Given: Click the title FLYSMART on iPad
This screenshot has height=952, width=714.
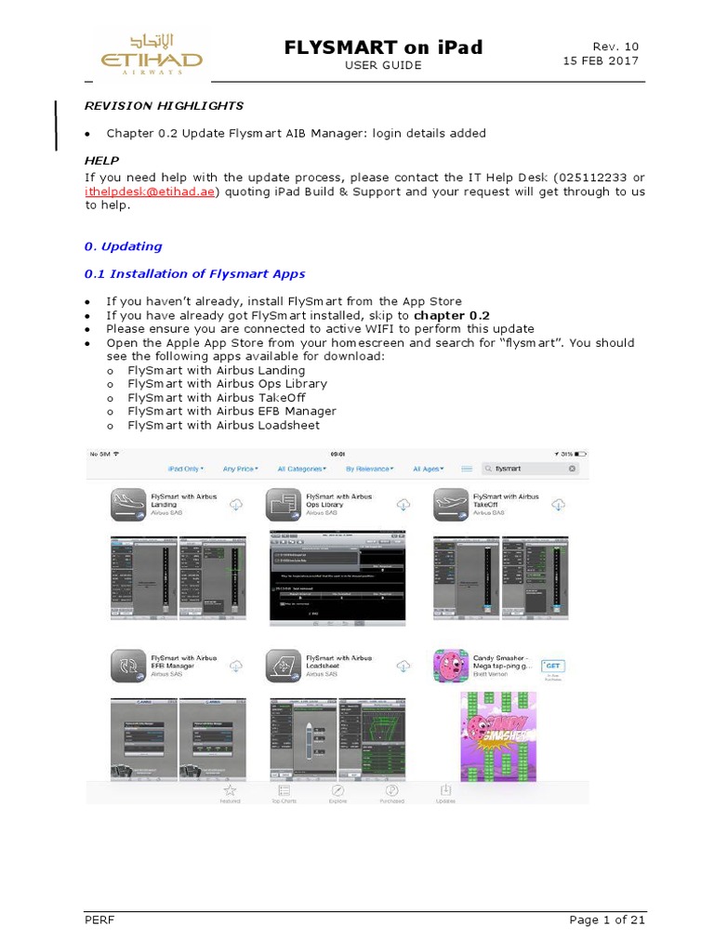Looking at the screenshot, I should tap(383, 46).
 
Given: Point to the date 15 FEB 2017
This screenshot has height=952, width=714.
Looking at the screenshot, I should tap(601, 61).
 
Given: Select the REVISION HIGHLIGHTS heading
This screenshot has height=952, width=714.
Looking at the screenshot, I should tap(164, 106).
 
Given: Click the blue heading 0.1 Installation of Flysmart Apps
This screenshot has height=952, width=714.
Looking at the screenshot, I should tap(194, 273).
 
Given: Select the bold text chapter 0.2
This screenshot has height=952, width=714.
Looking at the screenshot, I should tap(452, 315).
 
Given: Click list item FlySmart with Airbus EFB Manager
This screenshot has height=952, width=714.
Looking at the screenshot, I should tap(231, 411).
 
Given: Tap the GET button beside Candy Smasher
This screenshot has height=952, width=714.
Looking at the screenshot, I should tap(554, 666).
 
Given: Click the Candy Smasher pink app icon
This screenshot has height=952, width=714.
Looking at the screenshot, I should tap(451, 666).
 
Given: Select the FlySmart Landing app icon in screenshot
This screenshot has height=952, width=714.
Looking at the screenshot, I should tap(129, 505).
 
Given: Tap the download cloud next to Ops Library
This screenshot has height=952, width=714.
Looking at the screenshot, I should tap(403, 504).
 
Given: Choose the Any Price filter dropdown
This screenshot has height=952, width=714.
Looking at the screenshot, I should tap(240, 469).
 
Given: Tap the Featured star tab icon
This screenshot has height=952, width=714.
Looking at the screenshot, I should tap(230, 790).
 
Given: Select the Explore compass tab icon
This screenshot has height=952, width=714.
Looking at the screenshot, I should tap(338, 790).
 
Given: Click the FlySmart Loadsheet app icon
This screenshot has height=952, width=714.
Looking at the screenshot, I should tap(284, 666).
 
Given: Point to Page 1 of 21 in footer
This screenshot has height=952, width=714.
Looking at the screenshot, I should tap(606, 919).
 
